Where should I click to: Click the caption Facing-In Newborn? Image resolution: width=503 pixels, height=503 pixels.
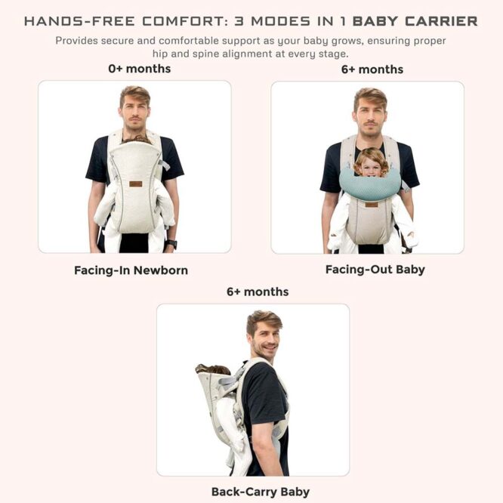tap(131, 270)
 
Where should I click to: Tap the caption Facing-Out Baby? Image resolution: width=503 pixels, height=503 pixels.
tap(375, 270)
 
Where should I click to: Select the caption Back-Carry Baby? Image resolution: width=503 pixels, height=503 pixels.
tap(261, 492)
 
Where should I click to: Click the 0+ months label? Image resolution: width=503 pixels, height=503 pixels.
tap(140, 69)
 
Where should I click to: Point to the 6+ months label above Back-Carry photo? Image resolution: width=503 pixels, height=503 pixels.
tap(258, 292)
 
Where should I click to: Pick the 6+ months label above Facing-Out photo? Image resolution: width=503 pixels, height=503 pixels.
tap(372, 69)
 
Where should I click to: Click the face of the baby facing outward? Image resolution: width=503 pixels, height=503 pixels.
tap(372, 165)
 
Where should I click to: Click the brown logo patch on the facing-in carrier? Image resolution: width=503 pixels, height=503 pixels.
tap(135, 184)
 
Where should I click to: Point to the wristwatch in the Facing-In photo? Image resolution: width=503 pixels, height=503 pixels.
tap(172, 243)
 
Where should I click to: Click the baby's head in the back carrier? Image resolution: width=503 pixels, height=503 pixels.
tap(214, 369)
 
